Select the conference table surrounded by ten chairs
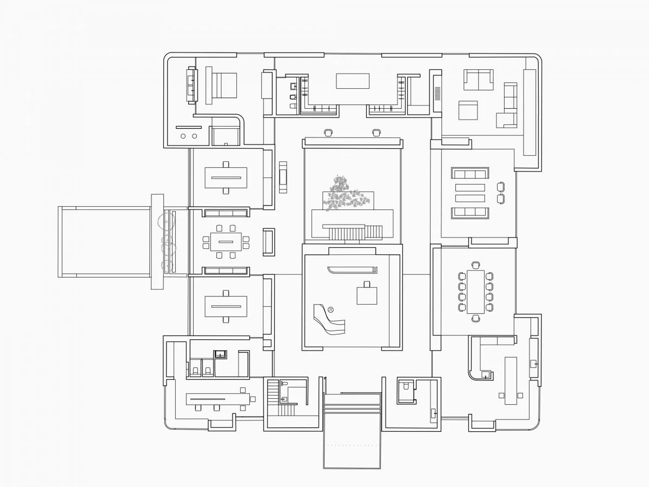point(475,292)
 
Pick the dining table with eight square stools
point(226,241)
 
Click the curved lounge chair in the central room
point(328,319)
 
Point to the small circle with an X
point(331,310)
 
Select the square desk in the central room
point(367,295)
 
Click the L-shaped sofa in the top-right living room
point(508,106)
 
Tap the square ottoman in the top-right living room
point(468,110)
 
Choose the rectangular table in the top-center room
point(353,81)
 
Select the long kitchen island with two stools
point(511,380)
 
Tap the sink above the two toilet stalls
point(220,354)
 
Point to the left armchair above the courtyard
point(328,132)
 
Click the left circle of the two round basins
point(183,136)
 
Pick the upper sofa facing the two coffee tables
point(470,174)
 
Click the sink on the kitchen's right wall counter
point(533,364)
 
